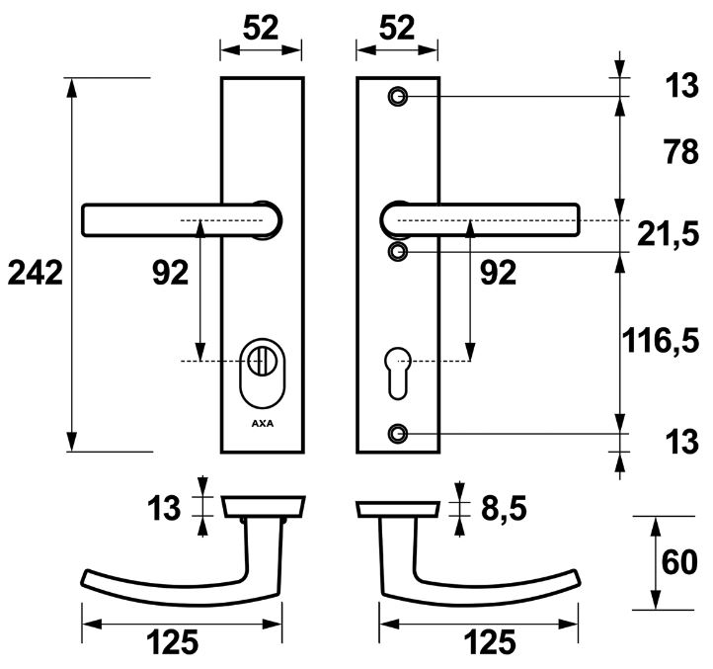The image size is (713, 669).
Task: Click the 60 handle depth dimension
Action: [x=681, y=563]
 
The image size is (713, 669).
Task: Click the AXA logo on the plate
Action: [x=262, y=426]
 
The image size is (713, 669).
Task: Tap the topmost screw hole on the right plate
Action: [x=398, y=97]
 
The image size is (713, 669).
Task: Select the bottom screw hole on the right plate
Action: [x=398, y=434]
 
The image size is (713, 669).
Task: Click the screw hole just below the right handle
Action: [x=398, y=252]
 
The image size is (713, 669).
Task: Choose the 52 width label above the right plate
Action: [x=397, y=30]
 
